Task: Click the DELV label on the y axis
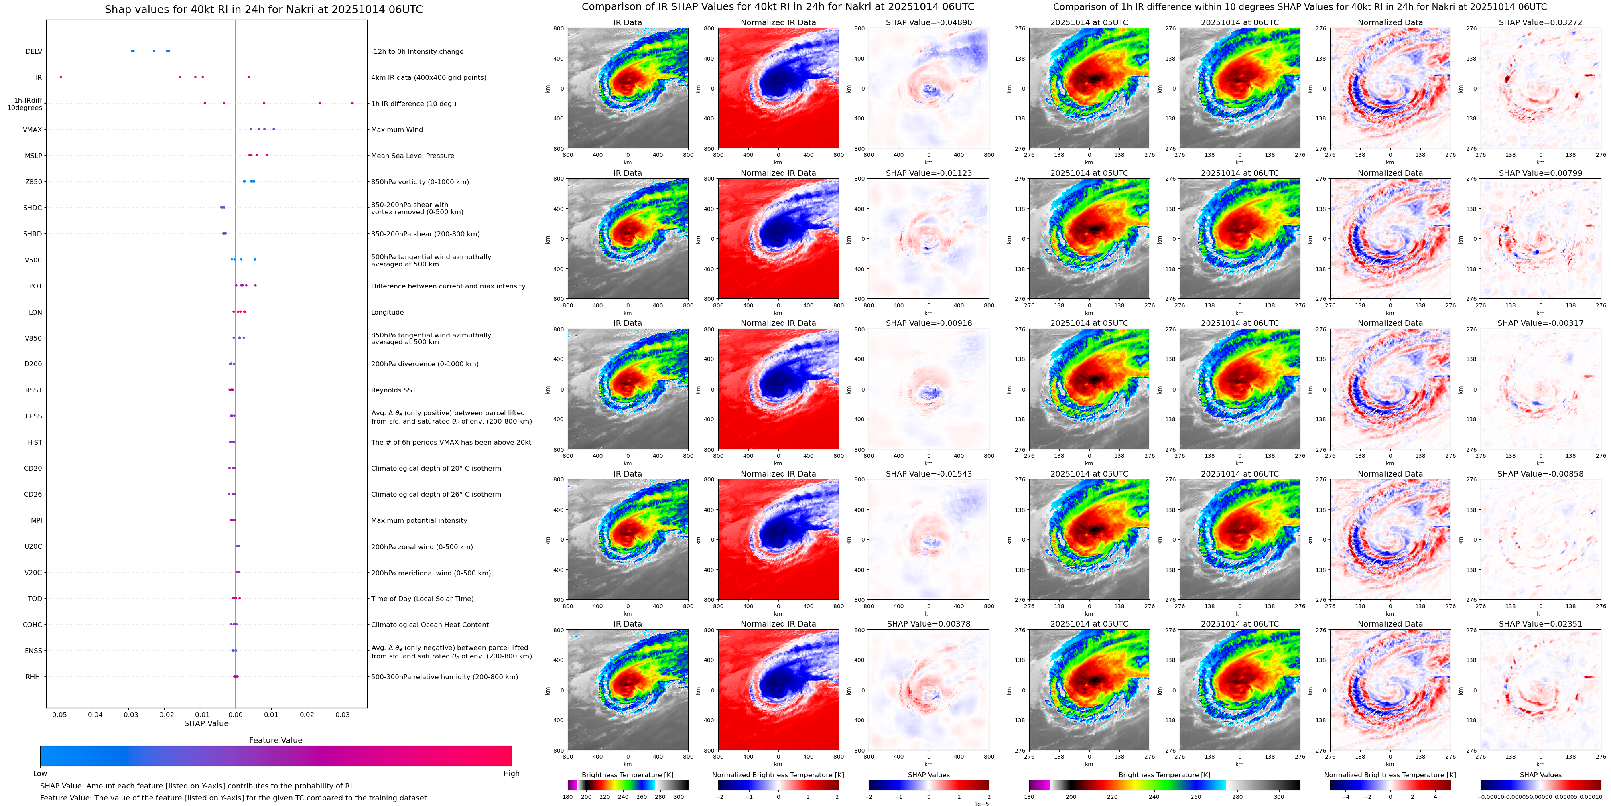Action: click(34, 52)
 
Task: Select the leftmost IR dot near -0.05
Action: click(61, 77)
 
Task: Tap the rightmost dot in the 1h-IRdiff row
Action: click(352, 103)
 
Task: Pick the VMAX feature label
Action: click(33, 130)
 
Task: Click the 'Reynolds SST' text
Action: click(393, 390)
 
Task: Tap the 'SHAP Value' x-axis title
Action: click(206, 723)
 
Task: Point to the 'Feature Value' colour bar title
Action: click(275, 740)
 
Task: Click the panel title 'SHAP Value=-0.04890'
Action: click(929, 22)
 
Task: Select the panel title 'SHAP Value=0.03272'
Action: click(1540, 22)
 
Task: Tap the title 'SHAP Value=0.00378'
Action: click(929, 624)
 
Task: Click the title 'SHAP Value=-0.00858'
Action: click(1540, 474)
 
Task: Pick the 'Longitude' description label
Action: click(387, 312)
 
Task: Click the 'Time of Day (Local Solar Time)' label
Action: click(422, 599)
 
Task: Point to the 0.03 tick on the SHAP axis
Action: click(343, 714)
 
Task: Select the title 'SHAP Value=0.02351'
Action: click(1540, 624)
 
